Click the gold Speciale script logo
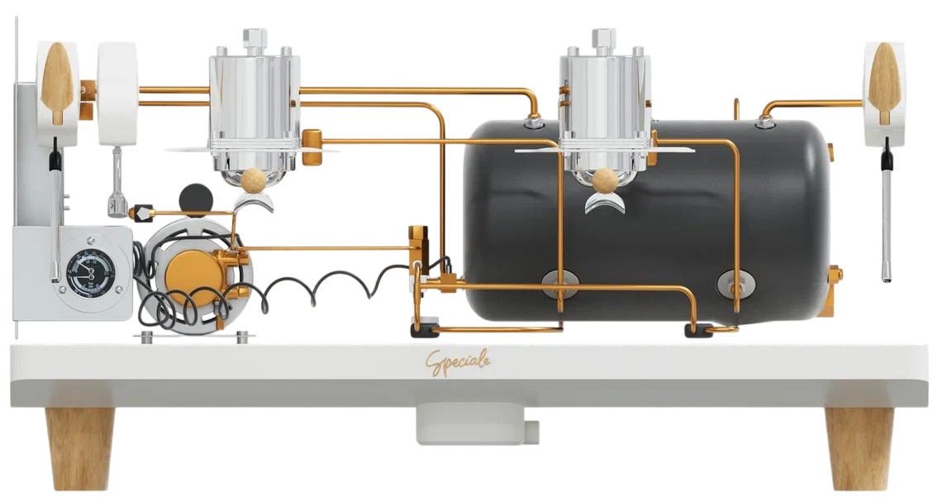(x=458, y=362)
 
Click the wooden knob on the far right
(x=886, y=83)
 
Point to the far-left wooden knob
(x=58, y=83)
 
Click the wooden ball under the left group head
(x=253, y=180)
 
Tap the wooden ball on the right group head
(x=604, y=180)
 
